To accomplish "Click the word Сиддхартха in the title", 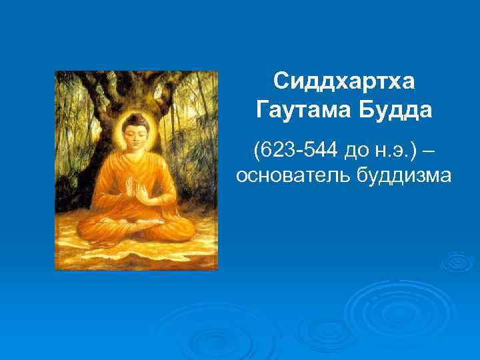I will point(343,81).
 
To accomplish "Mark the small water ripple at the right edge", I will point(460,262).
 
